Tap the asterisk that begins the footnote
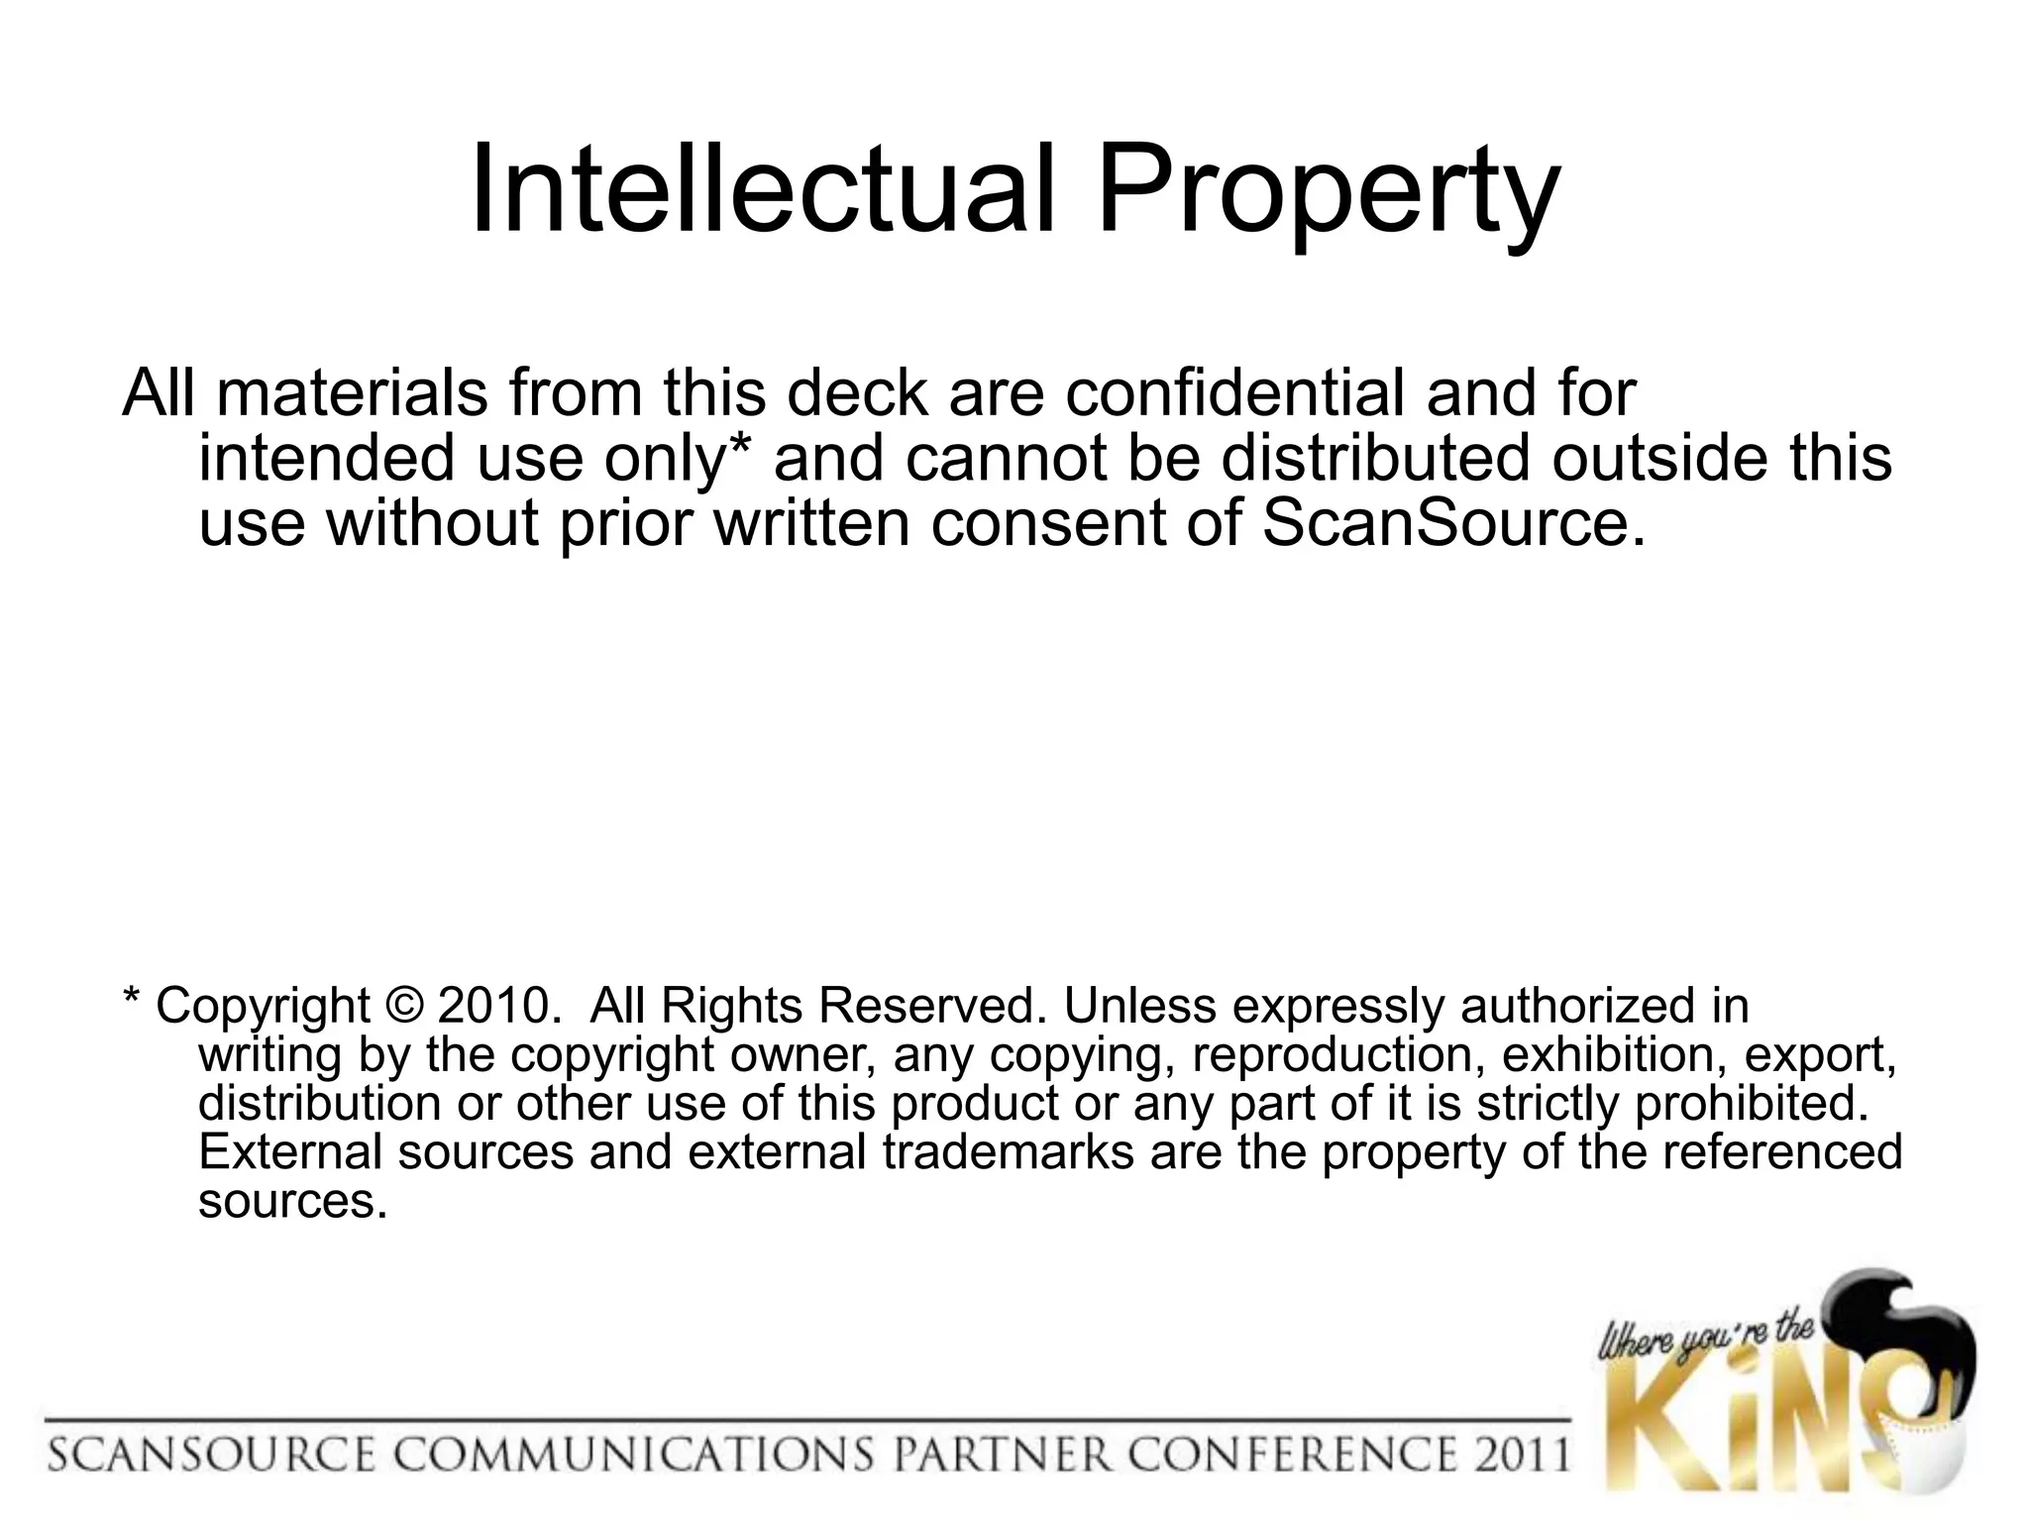pyautogui.click(x=131, y=997)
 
